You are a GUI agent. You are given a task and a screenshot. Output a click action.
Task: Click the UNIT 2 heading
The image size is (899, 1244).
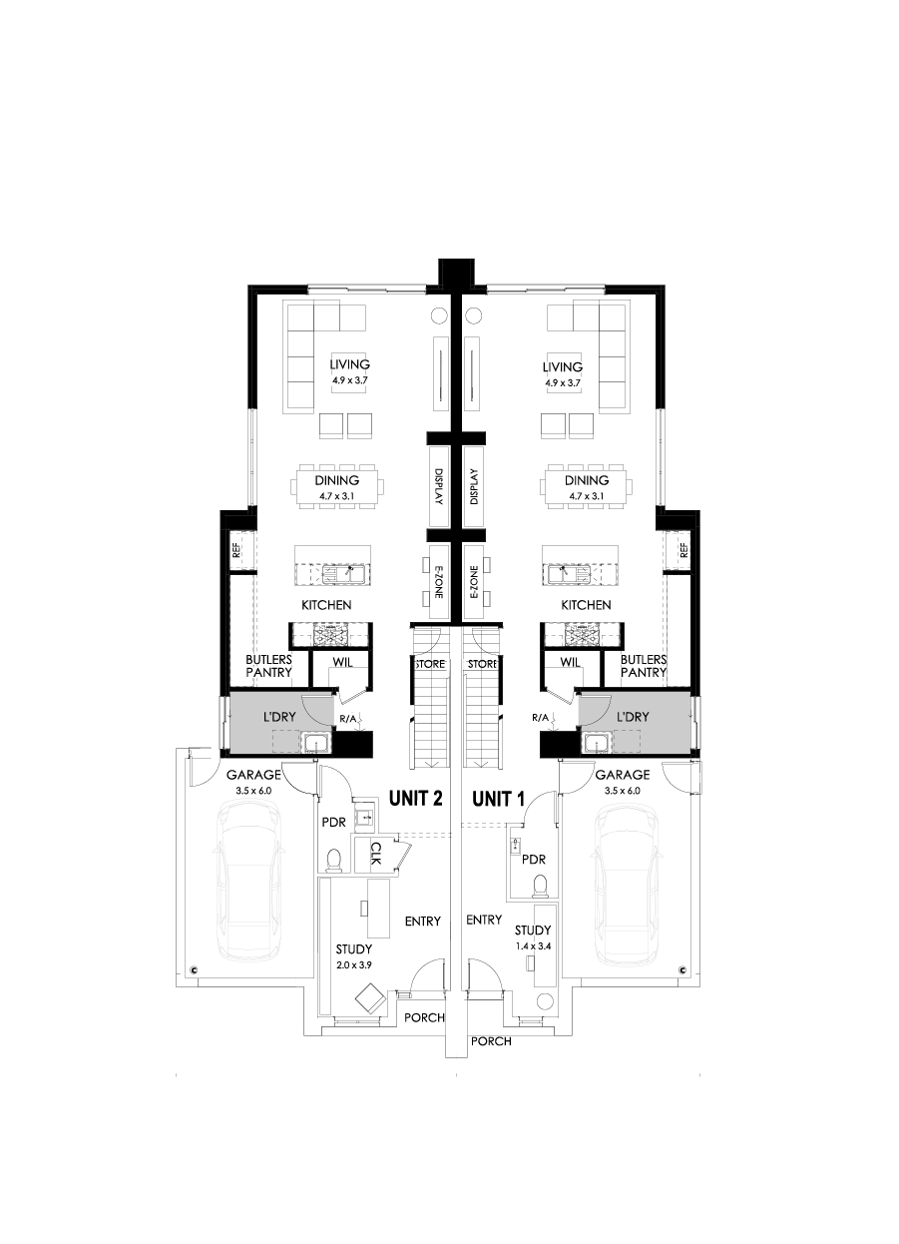pyautogui.click(x=415, y=799)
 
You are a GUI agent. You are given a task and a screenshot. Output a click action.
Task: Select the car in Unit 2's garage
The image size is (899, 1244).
pyautogui.click(x=249, y=878)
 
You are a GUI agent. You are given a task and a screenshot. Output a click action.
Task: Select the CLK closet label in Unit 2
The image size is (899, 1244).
pyautogui.click(x=375, y=856)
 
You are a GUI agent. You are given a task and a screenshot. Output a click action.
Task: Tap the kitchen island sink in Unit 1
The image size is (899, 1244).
pyautogui.click(x=565, y=574)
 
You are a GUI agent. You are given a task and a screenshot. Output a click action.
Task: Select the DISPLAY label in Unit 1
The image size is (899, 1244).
pyautogui.click(x=473, y=488)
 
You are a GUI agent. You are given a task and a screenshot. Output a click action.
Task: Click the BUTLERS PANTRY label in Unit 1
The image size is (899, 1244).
pyautogui.click(x=643, y=666)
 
